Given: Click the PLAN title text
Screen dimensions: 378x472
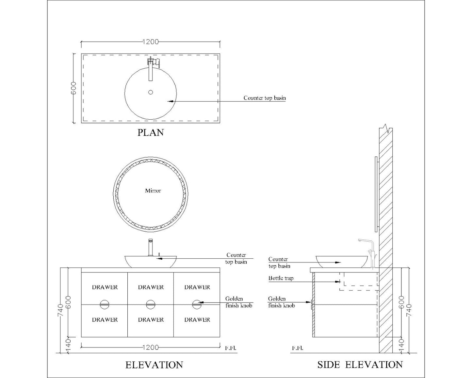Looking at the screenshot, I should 151,132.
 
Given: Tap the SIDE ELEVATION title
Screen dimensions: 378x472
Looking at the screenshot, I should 360,365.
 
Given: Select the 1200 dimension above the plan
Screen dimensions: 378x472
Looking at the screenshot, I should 151,42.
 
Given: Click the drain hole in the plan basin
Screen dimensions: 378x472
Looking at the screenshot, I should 151,92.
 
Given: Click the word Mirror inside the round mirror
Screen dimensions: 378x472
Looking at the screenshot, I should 153,191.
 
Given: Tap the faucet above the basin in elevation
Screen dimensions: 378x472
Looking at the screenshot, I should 151,247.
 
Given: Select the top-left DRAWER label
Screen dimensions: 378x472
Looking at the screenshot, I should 105,287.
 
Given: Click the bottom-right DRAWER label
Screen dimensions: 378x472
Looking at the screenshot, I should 197,319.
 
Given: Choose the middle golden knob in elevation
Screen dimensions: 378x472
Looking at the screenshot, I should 151,304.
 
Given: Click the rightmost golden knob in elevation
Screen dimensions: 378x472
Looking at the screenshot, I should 197,304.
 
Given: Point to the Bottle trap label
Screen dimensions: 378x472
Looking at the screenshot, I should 281,278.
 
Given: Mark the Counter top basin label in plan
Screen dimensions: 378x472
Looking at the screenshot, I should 265,98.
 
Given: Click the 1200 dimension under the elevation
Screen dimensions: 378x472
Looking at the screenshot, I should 151,347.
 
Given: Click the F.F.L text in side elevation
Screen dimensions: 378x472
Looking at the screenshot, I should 297,348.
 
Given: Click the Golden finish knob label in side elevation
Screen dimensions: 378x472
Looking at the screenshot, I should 281,302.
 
